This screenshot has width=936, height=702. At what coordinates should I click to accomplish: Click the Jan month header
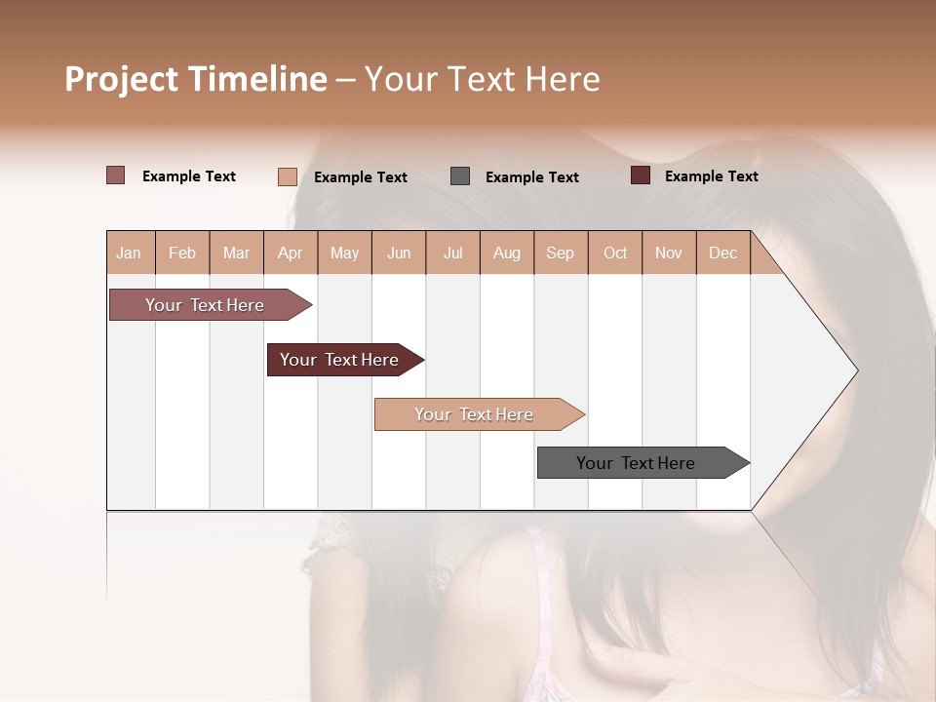click(129, 253)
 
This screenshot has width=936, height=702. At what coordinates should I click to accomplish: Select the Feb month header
click(182, 253)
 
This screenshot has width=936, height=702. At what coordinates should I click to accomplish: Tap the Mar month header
click(236, 253)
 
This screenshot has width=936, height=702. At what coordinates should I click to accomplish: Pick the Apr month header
click(291, 253)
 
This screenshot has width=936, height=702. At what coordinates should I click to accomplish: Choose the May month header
click(344, 253)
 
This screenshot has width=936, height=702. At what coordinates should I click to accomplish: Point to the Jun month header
click(399, 253)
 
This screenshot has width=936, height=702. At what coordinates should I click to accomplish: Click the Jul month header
click(452, 253)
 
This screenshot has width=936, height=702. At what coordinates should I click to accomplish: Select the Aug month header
click(507, 253)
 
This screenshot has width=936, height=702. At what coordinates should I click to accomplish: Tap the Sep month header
click(560, 253)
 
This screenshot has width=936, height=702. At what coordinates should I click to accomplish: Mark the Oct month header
click(615, 253)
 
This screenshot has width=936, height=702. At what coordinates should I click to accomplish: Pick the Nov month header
click(669, 253)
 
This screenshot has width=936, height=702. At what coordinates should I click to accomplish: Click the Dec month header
click(723, 253)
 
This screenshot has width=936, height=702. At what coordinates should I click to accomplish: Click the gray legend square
click(460, 176)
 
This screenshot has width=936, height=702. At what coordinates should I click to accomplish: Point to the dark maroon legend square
click(641, 175)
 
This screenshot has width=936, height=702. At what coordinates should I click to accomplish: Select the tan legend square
click(288, 176)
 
